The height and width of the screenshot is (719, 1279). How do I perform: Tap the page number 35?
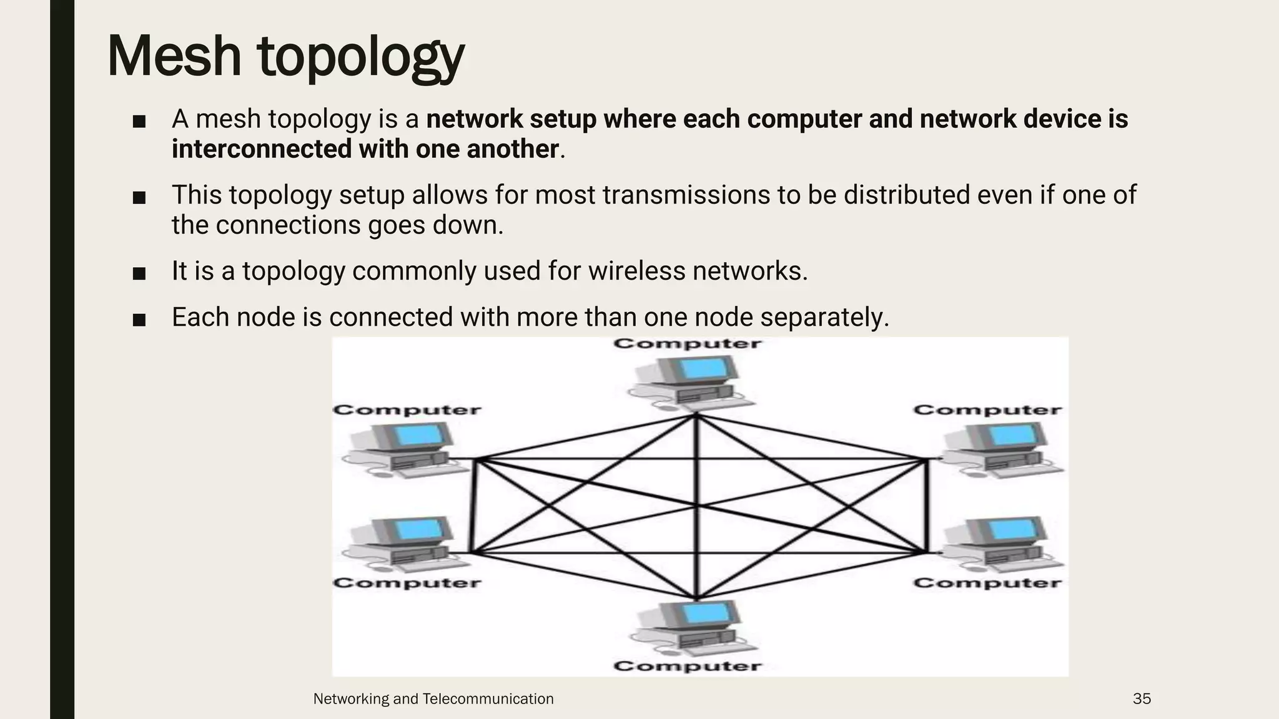coord(1142,699)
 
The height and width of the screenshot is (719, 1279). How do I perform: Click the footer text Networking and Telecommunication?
coord(433,699)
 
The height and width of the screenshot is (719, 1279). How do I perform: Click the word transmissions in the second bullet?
coord(686,195)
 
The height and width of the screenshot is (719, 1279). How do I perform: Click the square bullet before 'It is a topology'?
coord(139,273)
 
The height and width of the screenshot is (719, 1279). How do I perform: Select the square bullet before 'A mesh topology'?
coord(139,121)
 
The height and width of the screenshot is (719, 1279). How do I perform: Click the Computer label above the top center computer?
coord(687,344)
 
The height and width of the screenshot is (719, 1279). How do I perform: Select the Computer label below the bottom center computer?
coord(687,666)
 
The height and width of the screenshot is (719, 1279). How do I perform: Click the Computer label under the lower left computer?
coord(407,583)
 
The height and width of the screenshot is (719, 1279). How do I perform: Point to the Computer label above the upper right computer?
coord(987,410)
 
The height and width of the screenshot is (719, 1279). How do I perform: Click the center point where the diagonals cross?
coord(696,506)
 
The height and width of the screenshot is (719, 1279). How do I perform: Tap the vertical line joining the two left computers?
coord(473,506)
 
